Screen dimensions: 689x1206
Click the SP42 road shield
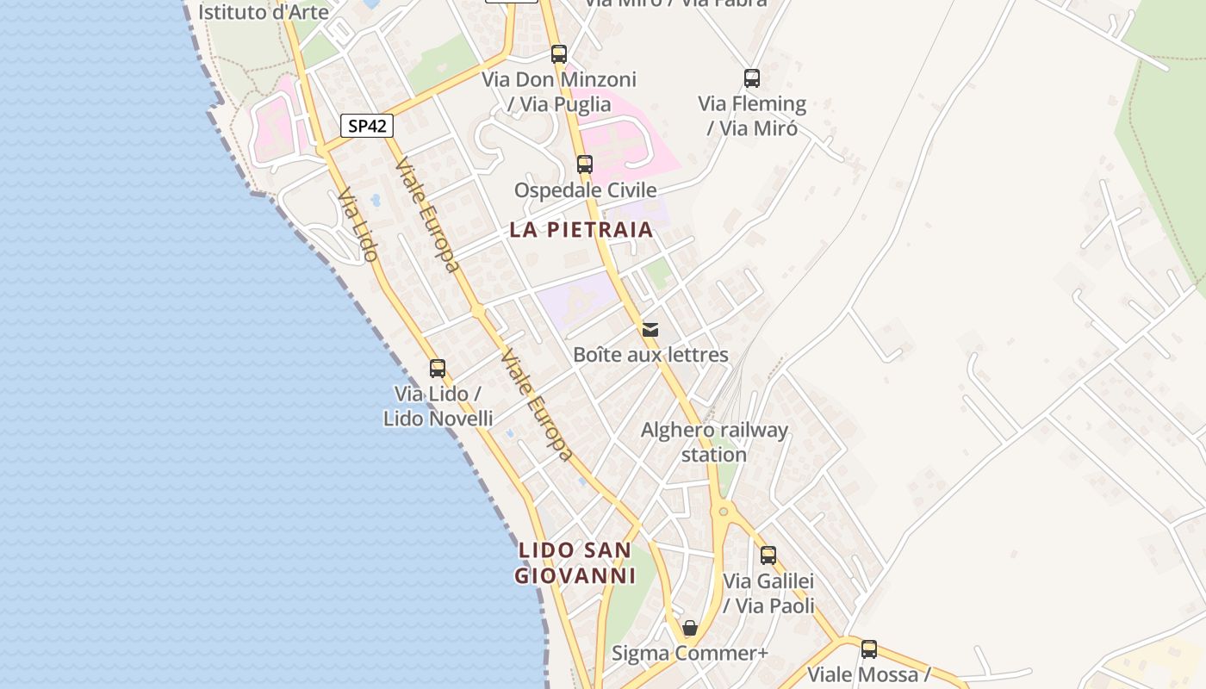pyautogui.click(x=367, y=126)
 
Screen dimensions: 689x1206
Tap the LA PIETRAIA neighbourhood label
pyautogui.click(x=581, y=230)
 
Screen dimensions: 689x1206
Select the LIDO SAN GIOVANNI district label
pyautogui.click(x=575, y=562)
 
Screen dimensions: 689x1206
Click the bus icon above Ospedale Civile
pyautogui.click(x=585, y=164)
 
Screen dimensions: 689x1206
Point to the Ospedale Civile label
pyautogui.click(x=585, y=190)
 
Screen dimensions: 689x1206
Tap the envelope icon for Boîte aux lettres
pyautogui.click(x=650, y=329)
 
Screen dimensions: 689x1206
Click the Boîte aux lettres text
pyautogui.click(x=650, y=355)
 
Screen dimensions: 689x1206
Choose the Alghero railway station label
pyautogui.click(x=714, y=442)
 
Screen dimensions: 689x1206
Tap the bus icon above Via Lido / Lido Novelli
pyautogui.click(x=438, y=369)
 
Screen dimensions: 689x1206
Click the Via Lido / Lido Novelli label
pyautogui.click(x=438, y=406)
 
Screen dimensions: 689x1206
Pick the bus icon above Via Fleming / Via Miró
pyautogui.click(x=752, y=78)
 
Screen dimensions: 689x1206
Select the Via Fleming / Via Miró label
pyautogui.click(x=752, y=116)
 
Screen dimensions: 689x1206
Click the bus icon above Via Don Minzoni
pyautogui.click(x=559, y=54)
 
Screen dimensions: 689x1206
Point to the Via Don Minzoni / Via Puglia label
pyautogui.click(x=559, y=92)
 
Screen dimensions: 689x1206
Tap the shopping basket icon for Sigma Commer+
pyautogui.click(x=689, y=628)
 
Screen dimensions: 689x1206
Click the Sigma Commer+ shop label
pyautogui.click(x=689, y=654)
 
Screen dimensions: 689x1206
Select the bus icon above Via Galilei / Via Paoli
pyautogui.click(x=768, y=556)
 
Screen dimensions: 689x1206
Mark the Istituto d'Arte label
pyautogui.click(x=264, y=12)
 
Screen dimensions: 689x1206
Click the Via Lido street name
pyautogui.click(x=357, y=225)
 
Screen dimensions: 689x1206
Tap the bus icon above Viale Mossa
pyautogui.click(x=869, y=649)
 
